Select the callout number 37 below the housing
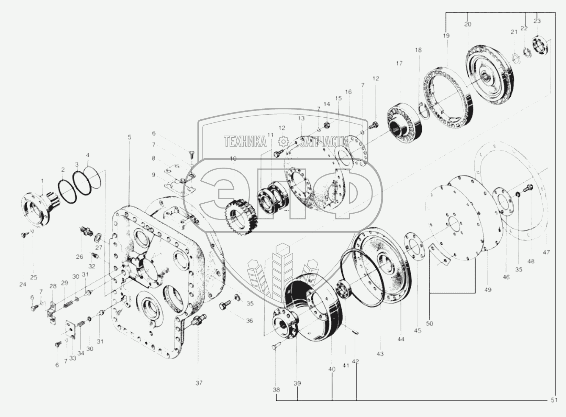point(199,383)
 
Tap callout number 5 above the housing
point(129,137)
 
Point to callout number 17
point(399,63)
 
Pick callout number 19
point(446,35)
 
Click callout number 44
point(401,339)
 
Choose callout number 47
point(546,252)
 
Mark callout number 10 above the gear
point(233,159)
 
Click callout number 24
point(23,284)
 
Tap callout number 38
point(276,390)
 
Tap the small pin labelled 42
point(356,332)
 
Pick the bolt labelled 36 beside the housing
point(224,305)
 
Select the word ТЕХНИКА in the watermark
point(245,141)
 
